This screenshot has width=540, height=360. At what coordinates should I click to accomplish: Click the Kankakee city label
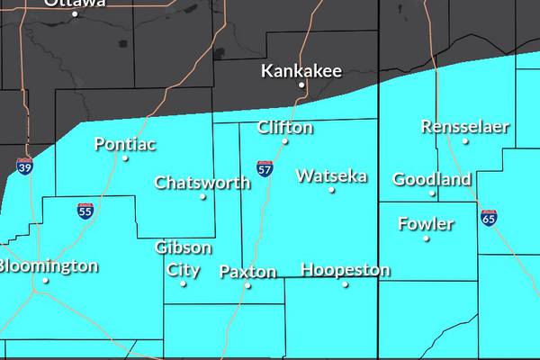[x=295, y=70]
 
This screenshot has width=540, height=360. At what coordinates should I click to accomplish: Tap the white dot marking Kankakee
[x=303, y=86]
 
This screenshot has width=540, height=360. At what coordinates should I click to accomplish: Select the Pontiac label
[x=125, y=144]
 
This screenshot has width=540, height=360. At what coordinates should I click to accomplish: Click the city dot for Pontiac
[x=125, y=158]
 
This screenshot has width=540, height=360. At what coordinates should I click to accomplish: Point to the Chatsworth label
[x=202, y=183]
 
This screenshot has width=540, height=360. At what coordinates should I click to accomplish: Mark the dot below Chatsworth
[x=202, y=196]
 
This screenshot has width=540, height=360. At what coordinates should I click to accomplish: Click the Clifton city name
[x=285, y=128]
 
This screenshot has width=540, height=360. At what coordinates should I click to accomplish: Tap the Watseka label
[x=331, y=175]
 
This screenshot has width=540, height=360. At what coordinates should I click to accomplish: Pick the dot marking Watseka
[x=331, y=190]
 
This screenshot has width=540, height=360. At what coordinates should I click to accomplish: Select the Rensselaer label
[x=464, y=127]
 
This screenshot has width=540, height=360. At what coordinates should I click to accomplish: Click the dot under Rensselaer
[x=465, y=140]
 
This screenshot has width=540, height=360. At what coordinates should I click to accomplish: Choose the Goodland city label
[x=432, y=179]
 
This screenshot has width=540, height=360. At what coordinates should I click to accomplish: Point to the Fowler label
[x=426, y=223]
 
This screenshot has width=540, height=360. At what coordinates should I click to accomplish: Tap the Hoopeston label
[x=346, y=270]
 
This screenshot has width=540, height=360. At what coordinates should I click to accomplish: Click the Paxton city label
[x=247, y=271]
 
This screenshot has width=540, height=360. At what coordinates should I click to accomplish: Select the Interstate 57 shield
[x=264, y=168]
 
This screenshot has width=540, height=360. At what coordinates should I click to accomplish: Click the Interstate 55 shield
[x=85, y=211]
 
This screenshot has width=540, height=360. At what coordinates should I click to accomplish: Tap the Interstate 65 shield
[x=489, y=219]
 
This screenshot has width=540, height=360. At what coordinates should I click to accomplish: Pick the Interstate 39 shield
[x=25, y=166]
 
